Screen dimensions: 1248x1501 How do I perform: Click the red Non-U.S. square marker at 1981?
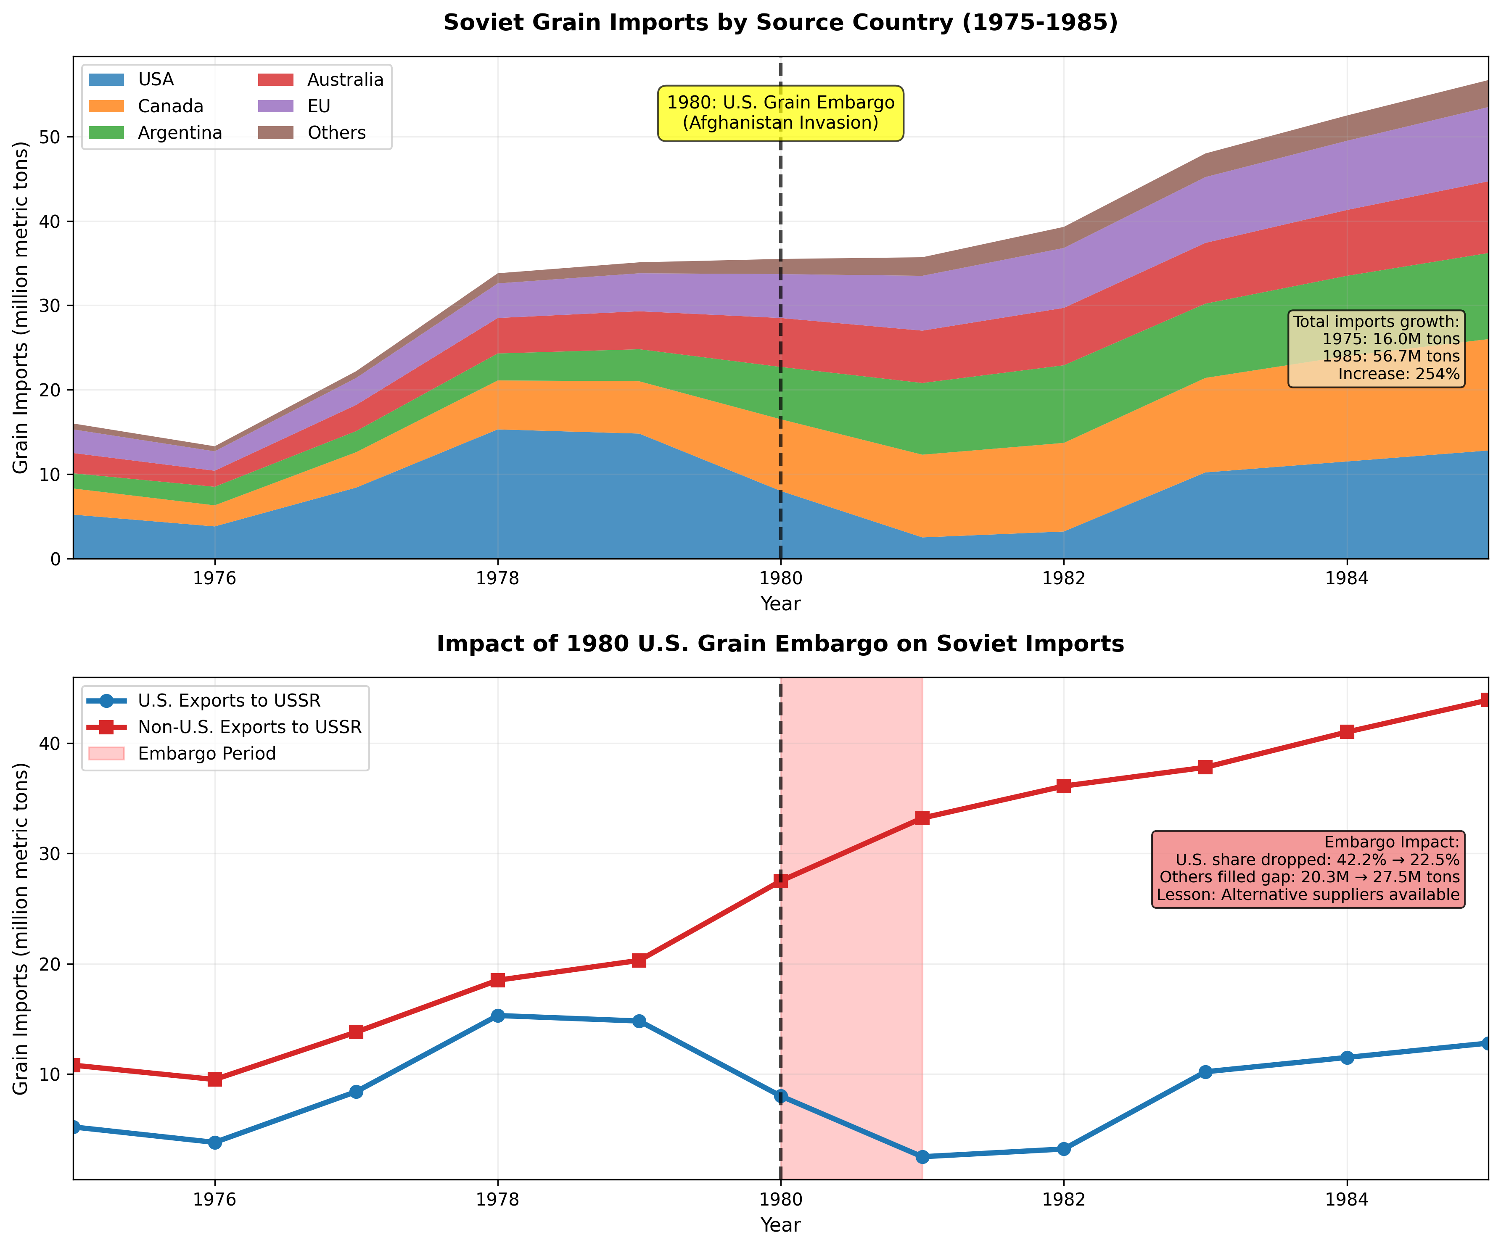tap(922, 818)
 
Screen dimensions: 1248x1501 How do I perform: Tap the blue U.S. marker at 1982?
tap(1064, 1149)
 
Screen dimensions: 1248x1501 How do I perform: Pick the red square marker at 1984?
tap(1347, 731)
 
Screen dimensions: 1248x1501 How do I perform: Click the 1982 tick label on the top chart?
tap(1064, 578)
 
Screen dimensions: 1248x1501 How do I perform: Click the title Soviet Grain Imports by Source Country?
tap(780, 23)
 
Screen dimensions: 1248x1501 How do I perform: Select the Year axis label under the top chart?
tap(780, 604)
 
